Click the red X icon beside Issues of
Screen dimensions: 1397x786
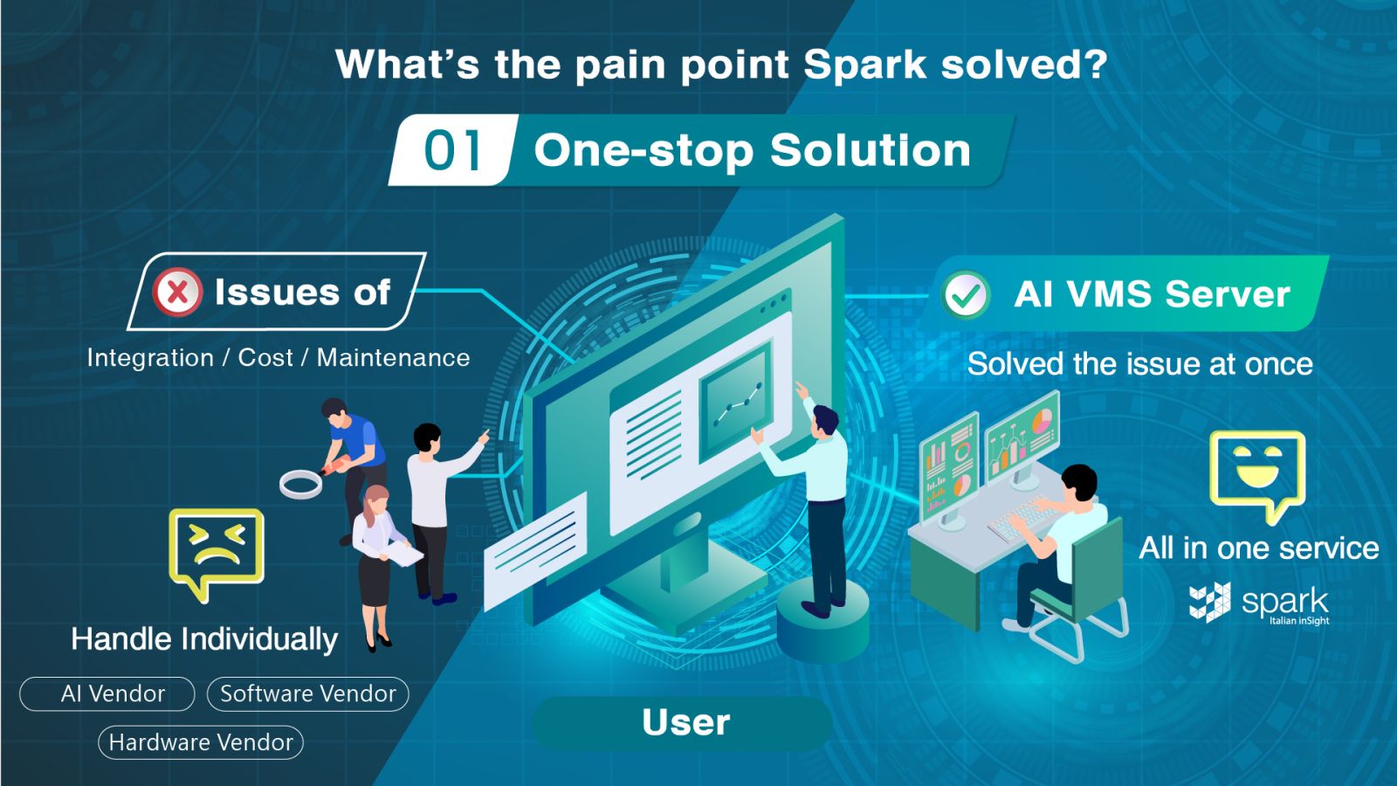[178, 292]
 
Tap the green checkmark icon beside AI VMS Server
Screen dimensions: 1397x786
[966, 295]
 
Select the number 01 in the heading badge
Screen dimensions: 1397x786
[452, 150]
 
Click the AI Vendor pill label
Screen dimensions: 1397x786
[107, 693]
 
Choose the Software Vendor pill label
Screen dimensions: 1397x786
[308, 693]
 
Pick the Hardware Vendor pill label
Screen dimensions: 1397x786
[201, 742]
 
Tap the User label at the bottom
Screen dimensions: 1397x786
[685, 722]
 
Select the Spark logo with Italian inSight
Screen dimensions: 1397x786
[1259, 603]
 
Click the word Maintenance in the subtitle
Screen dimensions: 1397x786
[394, 358]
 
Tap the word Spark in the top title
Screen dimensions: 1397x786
[865, 65]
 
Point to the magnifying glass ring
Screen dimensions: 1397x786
[300, 485]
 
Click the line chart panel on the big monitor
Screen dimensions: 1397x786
[736, 402]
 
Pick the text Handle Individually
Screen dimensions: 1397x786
[204, 640]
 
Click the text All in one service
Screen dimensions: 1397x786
[1258, 548]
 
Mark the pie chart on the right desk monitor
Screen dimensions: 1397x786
[1042, 422]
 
